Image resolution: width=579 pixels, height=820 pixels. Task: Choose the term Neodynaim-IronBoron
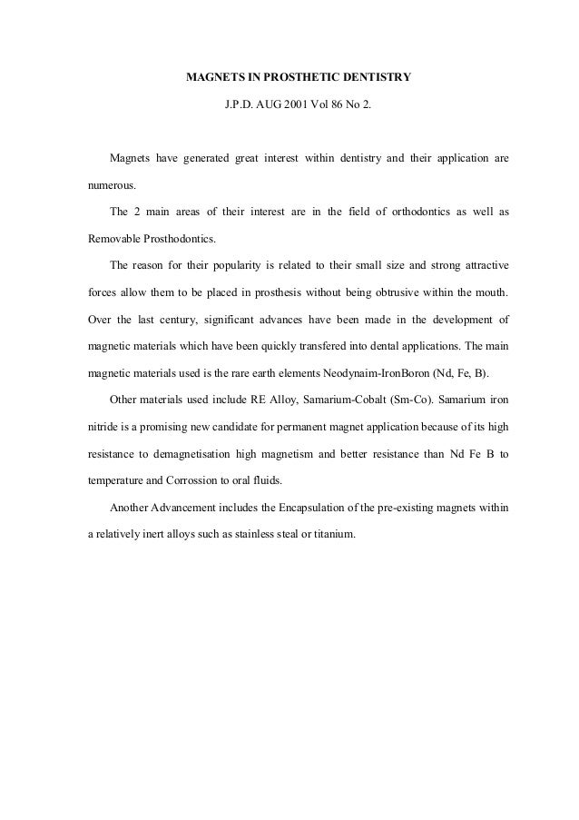(x=373, y=372)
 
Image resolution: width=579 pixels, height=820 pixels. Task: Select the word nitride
(x=102, y=427)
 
